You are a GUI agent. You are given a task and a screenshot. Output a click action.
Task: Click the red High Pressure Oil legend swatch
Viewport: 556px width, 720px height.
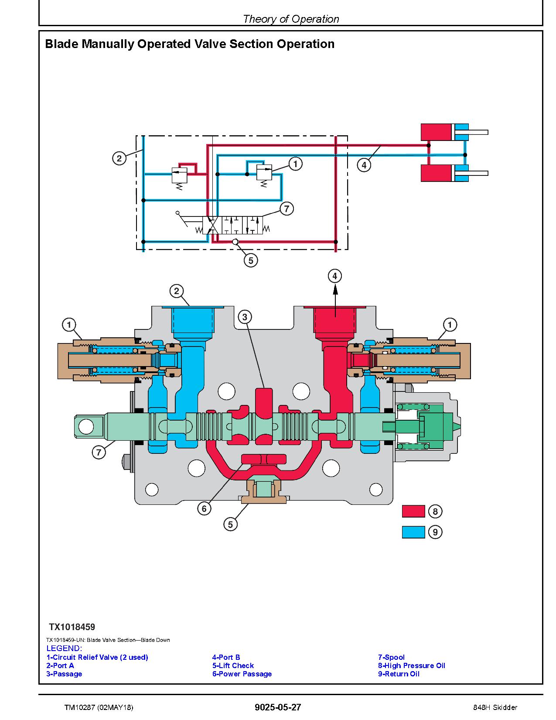point(413,511)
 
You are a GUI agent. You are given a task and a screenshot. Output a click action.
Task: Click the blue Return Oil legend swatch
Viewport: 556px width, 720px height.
point(413,532)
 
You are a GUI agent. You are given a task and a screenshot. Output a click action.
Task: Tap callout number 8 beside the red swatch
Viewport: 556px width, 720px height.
point(435,511)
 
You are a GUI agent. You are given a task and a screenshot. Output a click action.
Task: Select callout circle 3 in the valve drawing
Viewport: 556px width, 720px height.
point(245,317)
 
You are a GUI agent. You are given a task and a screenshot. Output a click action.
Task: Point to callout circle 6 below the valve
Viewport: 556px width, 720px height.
point(204,509)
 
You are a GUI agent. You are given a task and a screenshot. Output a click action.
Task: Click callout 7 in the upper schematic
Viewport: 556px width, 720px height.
point(287,209)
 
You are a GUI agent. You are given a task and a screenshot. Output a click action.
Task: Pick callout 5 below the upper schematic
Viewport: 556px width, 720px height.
point(251,261)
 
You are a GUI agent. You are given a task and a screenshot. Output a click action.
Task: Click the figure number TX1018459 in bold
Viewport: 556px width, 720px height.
point(72,627)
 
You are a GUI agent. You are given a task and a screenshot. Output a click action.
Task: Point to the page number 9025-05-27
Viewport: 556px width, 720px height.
point(278,707)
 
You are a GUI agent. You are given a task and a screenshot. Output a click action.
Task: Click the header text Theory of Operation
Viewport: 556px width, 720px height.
point(291,19)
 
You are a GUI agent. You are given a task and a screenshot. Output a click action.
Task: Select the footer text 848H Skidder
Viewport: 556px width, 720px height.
point(495,707)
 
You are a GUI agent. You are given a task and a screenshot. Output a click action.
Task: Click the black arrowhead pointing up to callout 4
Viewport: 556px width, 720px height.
point(335,290)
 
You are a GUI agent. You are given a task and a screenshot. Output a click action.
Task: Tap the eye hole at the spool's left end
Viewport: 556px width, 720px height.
point(86,426)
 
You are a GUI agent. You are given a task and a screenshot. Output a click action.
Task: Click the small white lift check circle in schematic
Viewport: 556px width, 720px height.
point(235,242)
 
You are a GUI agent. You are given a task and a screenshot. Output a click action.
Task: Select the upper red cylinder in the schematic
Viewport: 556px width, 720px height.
point(437,132)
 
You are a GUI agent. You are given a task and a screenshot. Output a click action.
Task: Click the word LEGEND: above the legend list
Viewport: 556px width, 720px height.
point(64,648)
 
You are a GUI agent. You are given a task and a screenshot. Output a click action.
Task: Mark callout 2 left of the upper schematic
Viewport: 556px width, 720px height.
point(119,158)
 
